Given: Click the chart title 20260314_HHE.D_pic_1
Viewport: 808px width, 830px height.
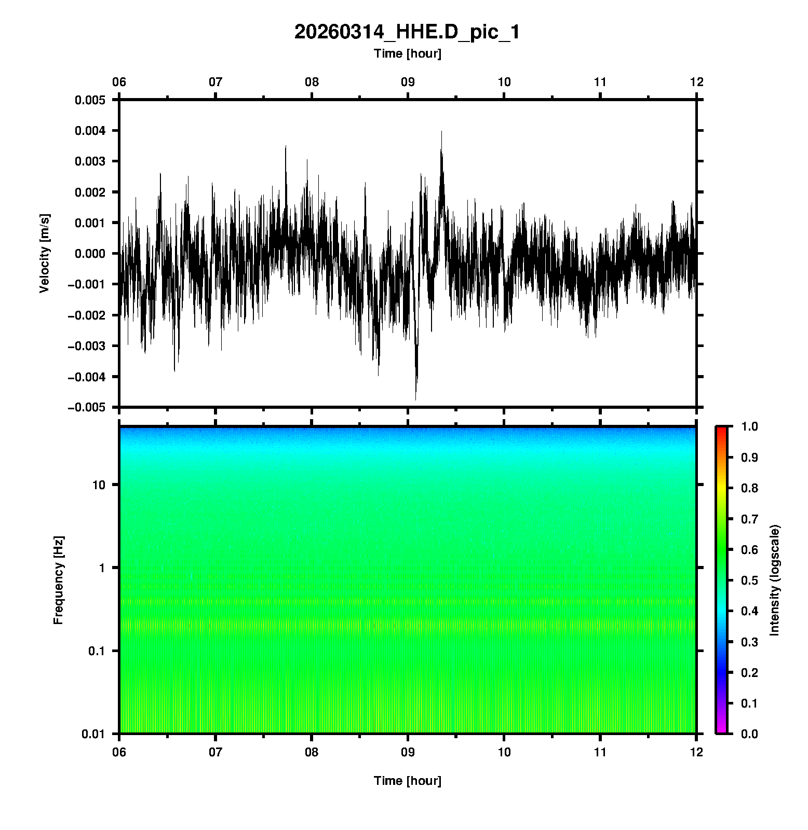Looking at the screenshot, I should click(x=407, y=32).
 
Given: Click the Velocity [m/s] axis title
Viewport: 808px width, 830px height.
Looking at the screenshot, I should click(x=45, y=253).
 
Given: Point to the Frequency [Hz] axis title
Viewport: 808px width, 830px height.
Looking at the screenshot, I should click(x=58, y=580).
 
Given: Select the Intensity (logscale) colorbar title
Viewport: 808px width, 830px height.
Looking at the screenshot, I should click(x=775, y=580).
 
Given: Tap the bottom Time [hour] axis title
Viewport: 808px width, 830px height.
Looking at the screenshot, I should click(x=407, y=781).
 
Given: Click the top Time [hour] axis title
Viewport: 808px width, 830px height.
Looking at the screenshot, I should click(x=407, y=53).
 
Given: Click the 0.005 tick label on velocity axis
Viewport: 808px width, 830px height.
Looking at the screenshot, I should click(x=90, y=100).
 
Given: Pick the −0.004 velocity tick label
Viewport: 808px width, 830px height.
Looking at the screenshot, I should click(x=86, y=377).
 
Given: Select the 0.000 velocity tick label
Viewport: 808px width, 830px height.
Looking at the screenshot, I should click(x=90, y=254).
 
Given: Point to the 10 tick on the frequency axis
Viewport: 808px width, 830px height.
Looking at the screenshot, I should click(x=99, y=486).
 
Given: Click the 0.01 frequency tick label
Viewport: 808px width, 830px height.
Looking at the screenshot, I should click(x=93, y=734).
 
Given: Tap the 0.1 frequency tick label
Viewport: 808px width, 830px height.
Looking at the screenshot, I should click(x=97, y=651).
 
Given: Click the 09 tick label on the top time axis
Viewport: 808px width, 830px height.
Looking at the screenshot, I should click(x=408, y=82).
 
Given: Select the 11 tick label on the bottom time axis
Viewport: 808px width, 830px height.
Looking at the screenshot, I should click(x=600, y=752).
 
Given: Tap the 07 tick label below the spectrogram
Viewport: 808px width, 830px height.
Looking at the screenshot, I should click(x=216, y=752).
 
